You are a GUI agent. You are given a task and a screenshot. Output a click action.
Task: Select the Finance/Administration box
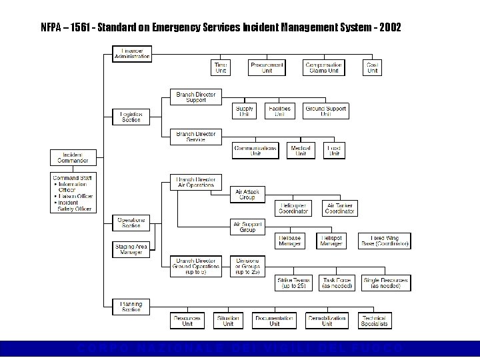[x=132, y=53]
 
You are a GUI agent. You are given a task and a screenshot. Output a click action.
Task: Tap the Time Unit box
[x=221, y=67]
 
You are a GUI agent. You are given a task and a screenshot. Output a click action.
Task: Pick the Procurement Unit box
[x=267, y=67]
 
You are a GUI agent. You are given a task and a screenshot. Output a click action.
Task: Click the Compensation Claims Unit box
[x=324, y=67]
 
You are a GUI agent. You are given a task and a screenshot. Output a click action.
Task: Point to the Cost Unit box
[x=373, y=67]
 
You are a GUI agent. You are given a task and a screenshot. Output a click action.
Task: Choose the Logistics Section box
[x=131, y=117]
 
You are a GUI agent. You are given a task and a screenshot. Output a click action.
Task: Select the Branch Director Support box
[x=195, y=97]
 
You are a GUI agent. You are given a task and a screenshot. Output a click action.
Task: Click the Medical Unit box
[x=301, y=151]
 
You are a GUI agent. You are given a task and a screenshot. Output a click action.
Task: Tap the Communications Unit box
[x=255, y=151]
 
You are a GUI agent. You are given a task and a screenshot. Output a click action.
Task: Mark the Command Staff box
[x=74, y=193]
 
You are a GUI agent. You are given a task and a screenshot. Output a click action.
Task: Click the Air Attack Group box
[x=247, y=195]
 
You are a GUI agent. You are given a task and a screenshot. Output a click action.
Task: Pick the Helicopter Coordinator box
[x=293, y=208]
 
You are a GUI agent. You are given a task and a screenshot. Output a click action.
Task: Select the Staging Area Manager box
[x=131, y=249]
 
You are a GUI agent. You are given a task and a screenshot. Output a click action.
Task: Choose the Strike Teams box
[x=293, y=283]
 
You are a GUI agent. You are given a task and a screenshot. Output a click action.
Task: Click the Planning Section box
[x=131, y=307]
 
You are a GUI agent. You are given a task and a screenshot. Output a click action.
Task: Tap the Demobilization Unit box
[x=327, y=321]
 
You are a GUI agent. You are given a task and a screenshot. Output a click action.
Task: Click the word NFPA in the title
[x=51, y=29]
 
